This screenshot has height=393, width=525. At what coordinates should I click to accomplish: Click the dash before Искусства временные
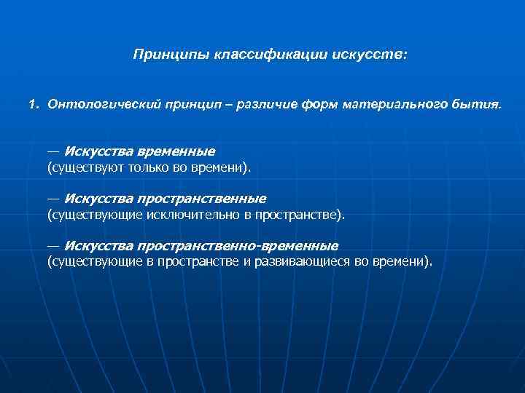pos(52,151)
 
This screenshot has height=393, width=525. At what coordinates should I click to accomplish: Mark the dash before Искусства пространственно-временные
pos(52,245)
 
